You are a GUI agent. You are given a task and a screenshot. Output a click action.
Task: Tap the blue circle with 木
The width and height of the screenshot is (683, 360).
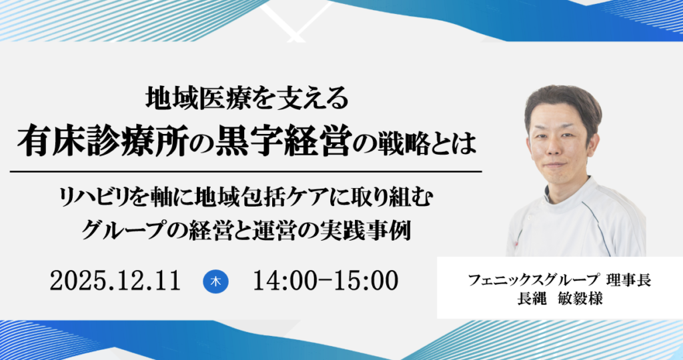coord(215,281)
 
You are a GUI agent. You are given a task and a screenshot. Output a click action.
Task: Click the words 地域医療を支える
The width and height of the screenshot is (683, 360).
coord(247,99)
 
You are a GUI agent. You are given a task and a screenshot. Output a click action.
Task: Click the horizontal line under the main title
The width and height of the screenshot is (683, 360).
coord(247,171)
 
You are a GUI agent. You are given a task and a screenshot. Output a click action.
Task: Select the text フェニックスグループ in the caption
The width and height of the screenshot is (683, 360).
coord(520,281)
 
